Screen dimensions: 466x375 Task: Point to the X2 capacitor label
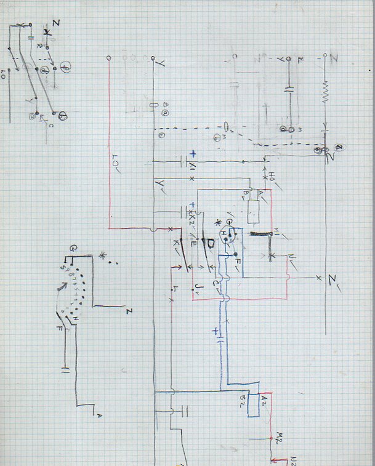coord(193,217)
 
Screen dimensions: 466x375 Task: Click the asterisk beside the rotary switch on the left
coord(103,254)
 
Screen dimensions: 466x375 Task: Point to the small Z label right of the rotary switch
coord(128,310)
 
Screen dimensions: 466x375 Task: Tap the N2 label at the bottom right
coord(294,459)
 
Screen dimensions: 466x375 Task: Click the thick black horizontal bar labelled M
coord(259,235)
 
